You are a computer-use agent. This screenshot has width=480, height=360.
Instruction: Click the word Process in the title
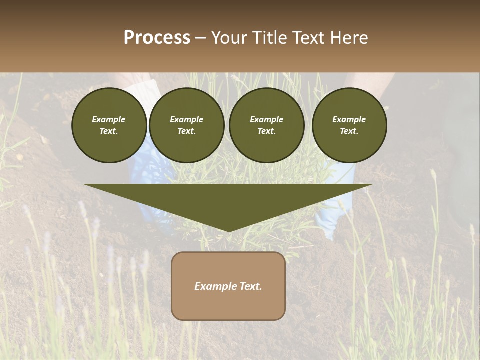click(x=157, y=38)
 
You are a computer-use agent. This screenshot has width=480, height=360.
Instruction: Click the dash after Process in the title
click(x=200, y=39)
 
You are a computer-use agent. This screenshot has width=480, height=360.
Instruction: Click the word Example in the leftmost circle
click(x=109, y=119)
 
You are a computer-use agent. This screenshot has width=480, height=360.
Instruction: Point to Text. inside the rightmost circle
click(x=349, y=131)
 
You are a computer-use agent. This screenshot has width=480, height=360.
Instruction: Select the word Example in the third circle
click(x=266, y=119)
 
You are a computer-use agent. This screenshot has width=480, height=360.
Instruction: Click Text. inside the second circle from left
click(x=187, y=131)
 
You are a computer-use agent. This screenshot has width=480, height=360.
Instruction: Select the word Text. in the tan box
click(x=250, y=286)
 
